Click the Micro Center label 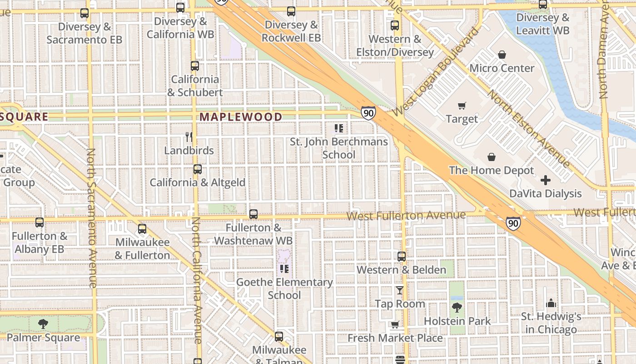pyautogui.click(x=502, y=68)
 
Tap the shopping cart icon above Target pyautogui.click(x=462, y=106)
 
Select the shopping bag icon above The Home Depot pyautogui.click(x=492, y=157)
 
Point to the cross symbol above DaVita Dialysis pyautogui.click(x=546, y=180)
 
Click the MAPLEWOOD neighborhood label pyautogui.click(x=241, y=117)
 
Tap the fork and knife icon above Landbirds pyautogui.click(x=189, y=136)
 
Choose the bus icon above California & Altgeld pyautogui.click(x=198, y=169)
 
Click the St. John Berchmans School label pyautogui.click(x=339, y=148)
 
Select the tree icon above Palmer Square pyautogui.click(x=43, y=324)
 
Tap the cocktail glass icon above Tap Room pyautogui.click(x=400, y=290)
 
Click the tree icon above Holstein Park pyautogui.click(x=457, y=308)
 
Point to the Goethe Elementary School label pyautogui.click(x=284, y=288)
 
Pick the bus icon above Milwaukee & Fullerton pyautogui.click(x=142, y=229)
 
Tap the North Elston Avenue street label pyautogui.click(x=529, y=129)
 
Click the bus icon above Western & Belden pyautogui.click(x=402, y=257)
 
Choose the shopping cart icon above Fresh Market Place pyautogui.click(x=395, y=325)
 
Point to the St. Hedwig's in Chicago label pyautogui.click(x=551, y=323)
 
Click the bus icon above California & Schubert pyautogui.click(x=195, y=66)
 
